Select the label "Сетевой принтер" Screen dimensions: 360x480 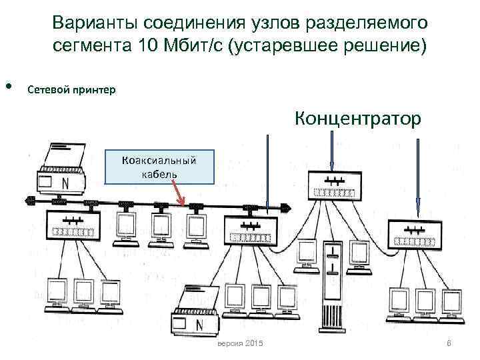point(72,89)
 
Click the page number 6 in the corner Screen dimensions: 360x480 point(449,343)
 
